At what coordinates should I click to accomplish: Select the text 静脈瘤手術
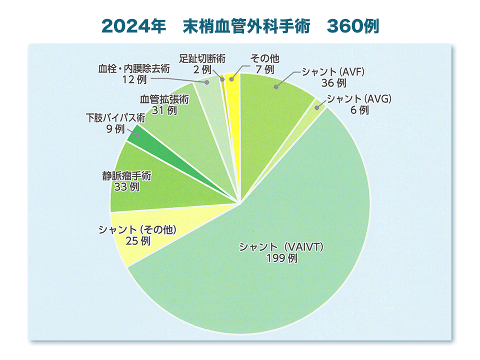[126, 176]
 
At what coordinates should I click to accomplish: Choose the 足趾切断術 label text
[202, 58]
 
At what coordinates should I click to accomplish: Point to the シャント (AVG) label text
[359, 98]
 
